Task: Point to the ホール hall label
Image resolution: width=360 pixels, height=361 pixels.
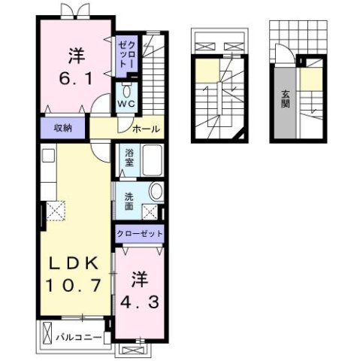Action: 145,129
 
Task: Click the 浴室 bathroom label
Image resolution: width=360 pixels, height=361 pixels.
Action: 129,159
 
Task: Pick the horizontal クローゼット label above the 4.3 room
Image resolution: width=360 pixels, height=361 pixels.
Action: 140,235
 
